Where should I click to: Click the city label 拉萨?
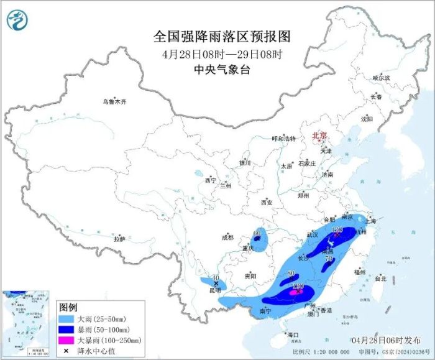click(x=119, y=239)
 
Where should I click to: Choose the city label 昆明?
click(x=214, y=290)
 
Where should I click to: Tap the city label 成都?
click(x=227, y=237)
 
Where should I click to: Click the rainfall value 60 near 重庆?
click(x=256, y=234)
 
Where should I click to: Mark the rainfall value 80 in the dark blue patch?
click(x=291, y=274)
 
